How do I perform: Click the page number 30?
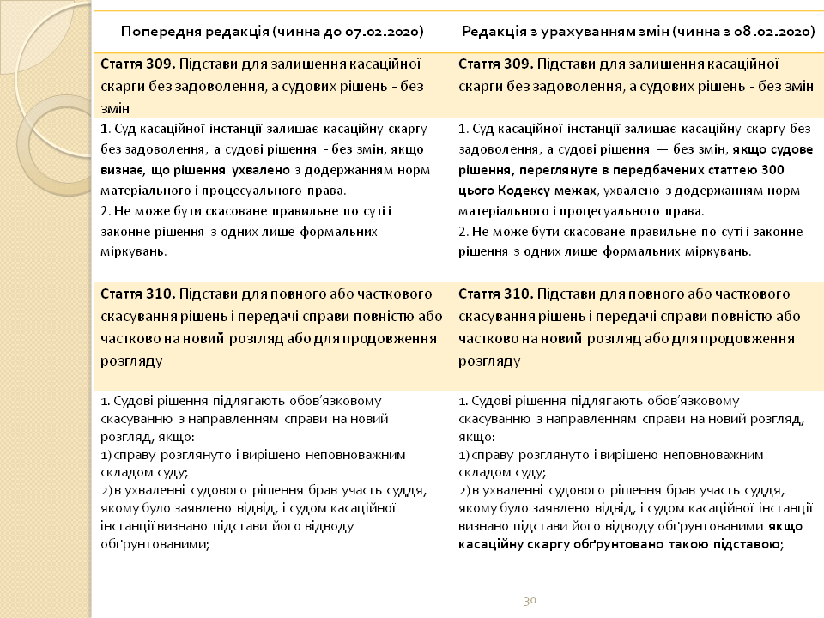pyautogui.click(x=530, y=600)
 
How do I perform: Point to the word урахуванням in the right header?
pyautogui.click(x=592, y=32)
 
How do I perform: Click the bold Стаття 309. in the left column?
pyautogui.click(x=132, y=64)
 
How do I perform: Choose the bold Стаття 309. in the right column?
pyautogui.click(x=490, y=64)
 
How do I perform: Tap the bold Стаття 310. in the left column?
pyautogui.click(x=132, y=294)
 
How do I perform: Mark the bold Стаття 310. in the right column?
pyautogui.click(x=490, y=294)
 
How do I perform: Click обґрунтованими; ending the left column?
pyautogui.click(x=154, y=543)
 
